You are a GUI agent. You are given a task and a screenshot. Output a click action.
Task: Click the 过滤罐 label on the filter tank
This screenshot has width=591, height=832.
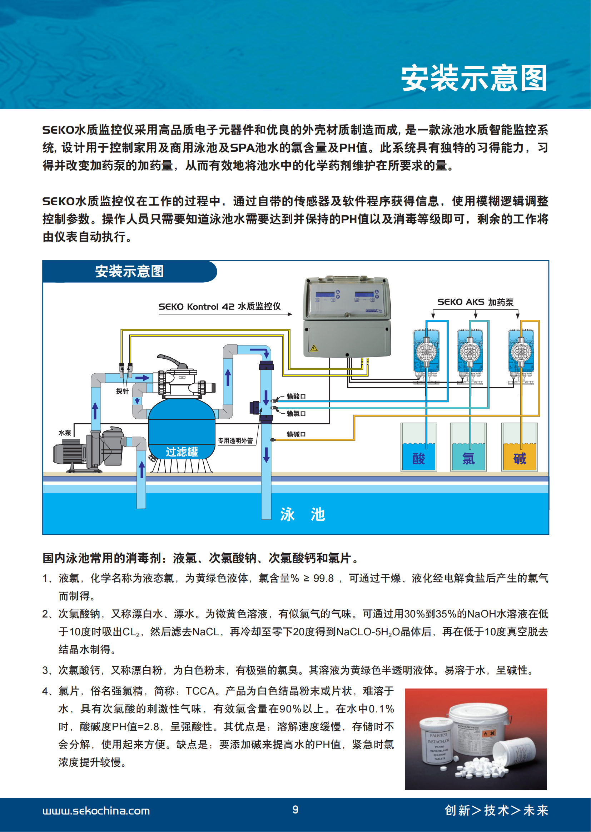coord(182,452)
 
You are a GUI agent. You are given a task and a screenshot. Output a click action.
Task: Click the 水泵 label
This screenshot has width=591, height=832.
coord(64,433)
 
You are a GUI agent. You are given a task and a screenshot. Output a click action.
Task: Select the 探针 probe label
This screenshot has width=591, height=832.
coord(122,391)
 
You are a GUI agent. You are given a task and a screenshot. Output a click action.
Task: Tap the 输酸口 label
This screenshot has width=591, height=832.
coord(296,396)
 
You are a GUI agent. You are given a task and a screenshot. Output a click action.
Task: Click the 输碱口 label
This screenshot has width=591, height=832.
coord(296,434)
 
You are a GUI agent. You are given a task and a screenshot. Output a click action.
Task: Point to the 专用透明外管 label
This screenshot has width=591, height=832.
coord(235,440)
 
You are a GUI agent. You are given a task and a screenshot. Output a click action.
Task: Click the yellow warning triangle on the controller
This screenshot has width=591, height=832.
coord(314,348)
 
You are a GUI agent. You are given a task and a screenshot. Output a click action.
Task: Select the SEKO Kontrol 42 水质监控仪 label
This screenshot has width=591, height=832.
coord(219,306)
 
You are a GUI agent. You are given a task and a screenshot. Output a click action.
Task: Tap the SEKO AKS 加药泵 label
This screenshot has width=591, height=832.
coord(475,302)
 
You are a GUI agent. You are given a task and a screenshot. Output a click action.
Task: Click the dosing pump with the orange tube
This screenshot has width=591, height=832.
coord(521,353)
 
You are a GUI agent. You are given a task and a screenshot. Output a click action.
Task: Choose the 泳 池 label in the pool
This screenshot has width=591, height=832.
coord(302,514)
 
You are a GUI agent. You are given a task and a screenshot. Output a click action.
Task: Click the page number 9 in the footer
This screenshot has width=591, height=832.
coord(295,810)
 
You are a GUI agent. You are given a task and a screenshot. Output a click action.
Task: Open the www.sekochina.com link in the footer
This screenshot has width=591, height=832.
coord(96,811)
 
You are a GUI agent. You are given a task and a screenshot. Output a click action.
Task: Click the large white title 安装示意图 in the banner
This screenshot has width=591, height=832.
coord(474,78)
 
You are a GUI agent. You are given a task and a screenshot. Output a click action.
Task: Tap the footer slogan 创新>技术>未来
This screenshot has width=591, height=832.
coord(496,810)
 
